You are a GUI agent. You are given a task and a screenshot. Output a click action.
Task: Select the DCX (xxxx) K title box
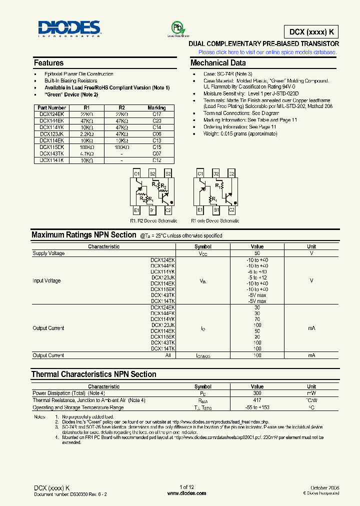[x=311, y=31]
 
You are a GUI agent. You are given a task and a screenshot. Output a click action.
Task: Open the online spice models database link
[x=267, y=52]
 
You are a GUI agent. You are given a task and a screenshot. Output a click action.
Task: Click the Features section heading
[x=48, y=63]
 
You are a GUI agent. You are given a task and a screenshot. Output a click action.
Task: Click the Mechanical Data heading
[x=218, y=63]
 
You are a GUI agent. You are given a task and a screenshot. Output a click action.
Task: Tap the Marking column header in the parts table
[x=156, y=107]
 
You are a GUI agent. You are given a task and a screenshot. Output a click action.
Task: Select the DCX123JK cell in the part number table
[x=52, y=134]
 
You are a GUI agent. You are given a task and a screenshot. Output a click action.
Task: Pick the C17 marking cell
[x=156, y=114]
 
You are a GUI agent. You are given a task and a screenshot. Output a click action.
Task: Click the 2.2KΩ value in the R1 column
[x=86, y=134]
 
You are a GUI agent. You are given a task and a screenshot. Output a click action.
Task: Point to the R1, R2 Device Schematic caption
[x=153, y=220]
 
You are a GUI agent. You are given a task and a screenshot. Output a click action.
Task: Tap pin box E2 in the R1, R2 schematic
[x=168, y=173]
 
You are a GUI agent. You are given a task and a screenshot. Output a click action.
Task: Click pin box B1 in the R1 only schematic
[x=216, y=210]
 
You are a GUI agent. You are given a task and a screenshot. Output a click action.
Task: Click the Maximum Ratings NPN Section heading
[x=83, y=235]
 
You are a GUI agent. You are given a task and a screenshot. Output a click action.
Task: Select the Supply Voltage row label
[x=48, y=253]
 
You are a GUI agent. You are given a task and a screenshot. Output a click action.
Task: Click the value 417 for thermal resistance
[x=257, y=400]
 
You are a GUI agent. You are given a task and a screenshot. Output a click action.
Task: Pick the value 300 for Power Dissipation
[x=257, y=393]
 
